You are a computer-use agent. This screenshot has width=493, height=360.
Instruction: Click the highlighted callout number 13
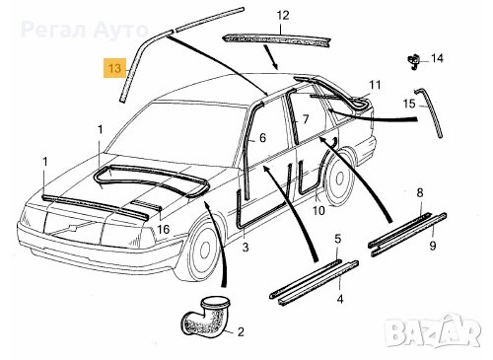pyautogui.click(x=114, y=68)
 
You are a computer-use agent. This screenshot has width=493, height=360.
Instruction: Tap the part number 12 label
pyautogui.click(x=283, y=16)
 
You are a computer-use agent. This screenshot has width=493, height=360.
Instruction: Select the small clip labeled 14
pyautogui.click(x=413, y=61)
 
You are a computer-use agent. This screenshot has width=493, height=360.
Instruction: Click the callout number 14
pyautogui.click(x=437, y=58)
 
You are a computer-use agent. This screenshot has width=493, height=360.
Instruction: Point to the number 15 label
pyautogui.click(x=409, y=104)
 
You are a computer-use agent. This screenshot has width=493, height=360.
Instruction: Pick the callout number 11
pyautogui.click(x=375, y=85)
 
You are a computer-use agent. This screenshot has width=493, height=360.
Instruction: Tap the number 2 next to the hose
pyautogui.click(x=241, y=331)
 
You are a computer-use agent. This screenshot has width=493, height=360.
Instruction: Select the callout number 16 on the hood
pyautogui.click(x=163, y=229)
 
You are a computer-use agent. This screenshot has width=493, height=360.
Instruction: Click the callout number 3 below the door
pyautogui.click(x=246, y=248)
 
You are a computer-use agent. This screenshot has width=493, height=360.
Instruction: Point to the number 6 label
pyautogui.click(x=262, y=138)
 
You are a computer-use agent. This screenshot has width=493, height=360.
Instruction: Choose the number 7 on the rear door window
pyautogui.click(x=306, y=119)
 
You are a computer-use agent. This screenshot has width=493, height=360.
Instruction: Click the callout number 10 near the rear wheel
pyautogui.click(x=318, y=210)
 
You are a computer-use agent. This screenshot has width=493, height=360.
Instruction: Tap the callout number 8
pyautogui.click(x=420, y=192)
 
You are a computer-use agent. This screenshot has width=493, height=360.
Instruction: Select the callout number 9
pyautogui.click(x=433, y=246)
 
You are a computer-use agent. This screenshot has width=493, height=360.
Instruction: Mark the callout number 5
pyautogui.click(x=338, y=239)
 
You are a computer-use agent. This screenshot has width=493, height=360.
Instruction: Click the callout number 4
pyautogui.click(x=340, y=300)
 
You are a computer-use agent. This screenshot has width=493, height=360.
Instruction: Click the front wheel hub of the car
pyautogui.click(x=204, y=251)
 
